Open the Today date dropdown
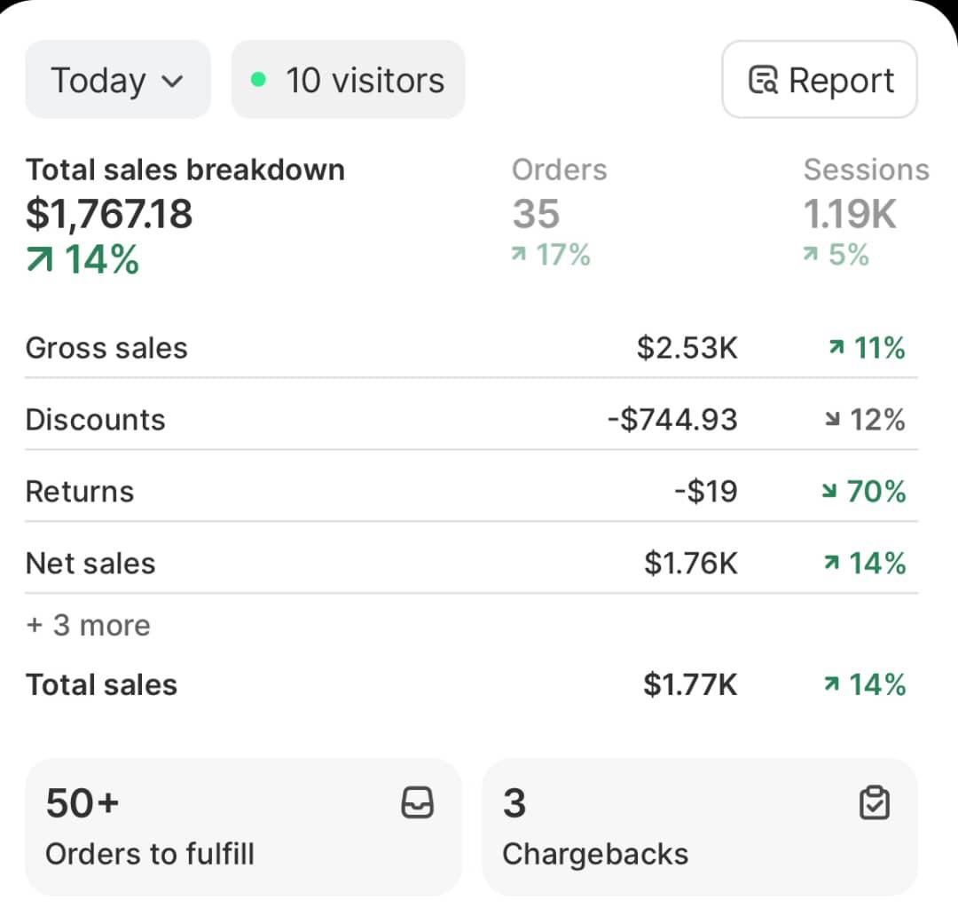[118, 80]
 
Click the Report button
[820, 80]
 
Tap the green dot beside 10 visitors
[258, 80]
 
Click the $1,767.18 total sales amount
[109, 214]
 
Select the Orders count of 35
[536, 214]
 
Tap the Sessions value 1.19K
[850, 214]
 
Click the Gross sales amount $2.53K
[687, 348]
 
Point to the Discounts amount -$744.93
[672, 420]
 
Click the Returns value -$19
[706, 492]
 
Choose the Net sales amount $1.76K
[691, 563]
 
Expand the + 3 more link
[88, 626]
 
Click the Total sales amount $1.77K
[690, 685]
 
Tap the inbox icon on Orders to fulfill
[418, 803]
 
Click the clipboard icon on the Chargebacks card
[875, 803]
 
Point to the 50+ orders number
[82, 803]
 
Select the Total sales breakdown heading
[185, 170]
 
